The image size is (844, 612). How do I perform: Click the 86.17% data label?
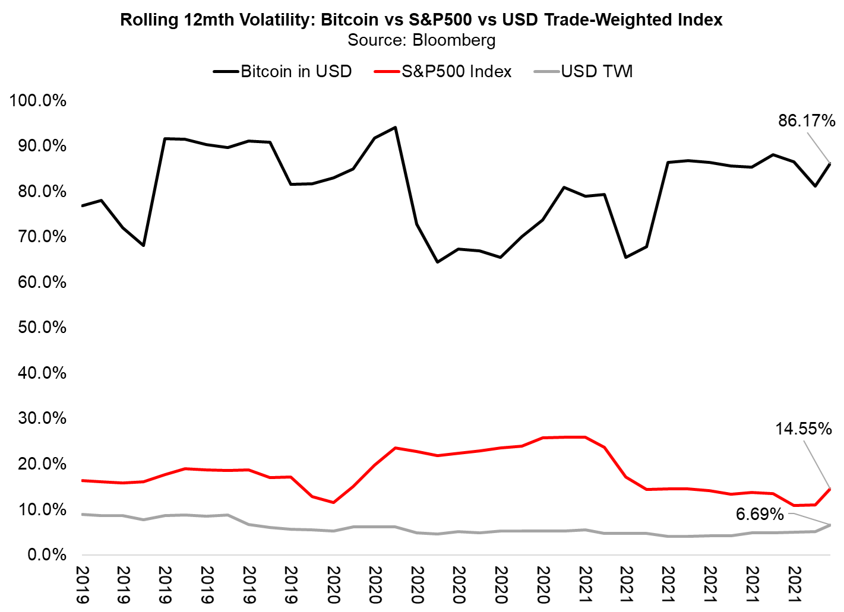tap(807, 121)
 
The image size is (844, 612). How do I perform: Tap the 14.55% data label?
tap(803, 429)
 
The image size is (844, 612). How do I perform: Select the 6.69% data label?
tap(760, 514)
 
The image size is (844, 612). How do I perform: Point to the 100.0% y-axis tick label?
tap(38, 100)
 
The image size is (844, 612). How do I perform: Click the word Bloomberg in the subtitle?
tap(454, 40)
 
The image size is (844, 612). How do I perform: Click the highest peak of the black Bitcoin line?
tap(396, 127)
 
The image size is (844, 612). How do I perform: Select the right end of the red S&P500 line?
tap(830, 489)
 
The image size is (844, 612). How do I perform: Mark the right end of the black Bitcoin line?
tap(830, 163)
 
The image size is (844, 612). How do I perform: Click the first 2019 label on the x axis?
tap(82, 585)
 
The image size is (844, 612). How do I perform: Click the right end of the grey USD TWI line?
tap(830, 525)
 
